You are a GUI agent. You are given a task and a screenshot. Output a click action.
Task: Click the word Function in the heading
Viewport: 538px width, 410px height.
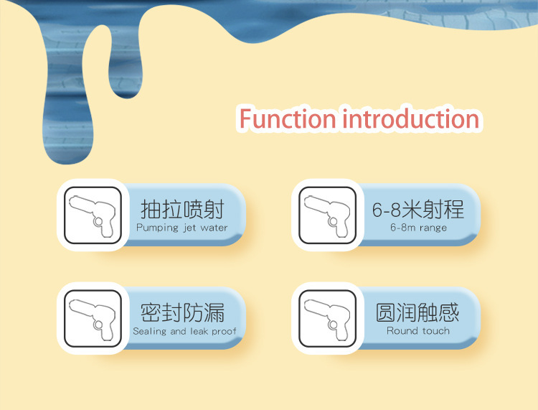click(287, 118)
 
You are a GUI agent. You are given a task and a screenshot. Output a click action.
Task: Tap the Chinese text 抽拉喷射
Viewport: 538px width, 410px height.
click(182, 209)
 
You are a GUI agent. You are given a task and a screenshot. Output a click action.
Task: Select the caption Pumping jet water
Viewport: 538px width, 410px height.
click(182, 228)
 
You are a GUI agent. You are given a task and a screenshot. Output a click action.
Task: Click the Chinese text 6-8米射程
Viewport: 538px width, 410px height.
click(418, 209)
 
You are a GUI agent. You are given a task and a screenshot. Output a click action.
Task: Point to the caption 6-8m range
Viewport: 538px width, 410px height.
click(418, 228)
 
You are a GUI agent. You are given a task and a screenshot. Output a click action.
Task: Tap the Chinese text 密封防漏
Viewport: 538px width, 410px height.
click(182, 312)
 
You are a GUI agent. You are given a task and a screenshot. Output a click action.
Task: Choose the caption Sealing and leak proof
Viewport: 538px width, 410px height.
click(184, 331)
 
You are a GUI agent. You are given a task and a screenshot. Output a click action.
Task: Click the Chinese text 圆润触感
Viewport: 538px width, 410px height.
click(417, 312)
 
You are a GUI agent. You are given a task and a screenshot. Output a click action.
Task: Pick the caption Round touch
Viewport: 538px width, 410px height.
click(418, 331)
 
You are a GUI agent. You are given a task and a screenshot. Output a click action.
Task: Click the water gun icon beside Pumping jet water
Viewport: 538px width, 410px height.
click(93, 215)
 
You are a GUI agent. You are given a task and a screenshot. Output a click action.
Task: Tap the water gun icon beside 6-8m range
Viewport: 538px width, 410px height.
click(328, 215)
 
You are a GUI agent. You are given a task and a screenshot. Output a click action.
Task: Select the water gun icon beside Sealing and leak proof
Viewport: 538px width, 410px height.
click(93, 318)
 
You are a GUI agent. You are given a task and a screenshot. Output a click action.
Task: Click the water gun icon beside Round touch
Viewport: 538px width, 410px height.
click(328, 318)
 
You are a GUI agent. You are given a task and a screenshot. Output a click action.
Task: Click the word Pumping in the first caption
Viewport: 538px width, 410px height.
click(157, 228)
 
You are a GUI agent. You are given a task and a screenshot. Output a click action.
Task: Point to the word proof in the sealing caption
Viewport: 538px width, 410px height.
click(223, 332)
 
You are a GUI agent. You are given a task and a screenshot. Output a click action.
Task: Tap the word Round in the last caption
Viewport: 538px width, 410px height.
click(402, 331)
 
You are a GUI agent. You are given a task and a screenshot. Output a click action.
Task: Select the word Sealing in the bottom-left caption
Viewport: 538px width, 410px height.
click(149, 331)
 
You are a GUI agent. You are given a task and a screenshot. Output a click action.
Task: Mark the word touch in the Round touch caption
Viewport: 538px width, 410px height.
click(435, 331)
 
